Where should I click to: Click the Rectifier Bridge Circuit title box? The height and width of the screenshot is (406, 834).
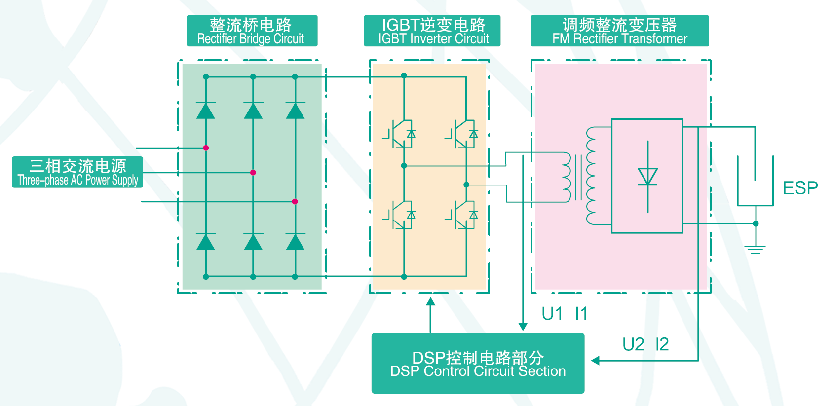coord(252,31)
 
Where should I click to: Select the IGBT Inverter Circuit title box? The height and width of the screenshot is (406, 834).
coord(432,31)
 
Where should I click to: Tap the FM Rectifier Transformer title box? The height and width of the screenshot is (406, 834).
coord(619,31)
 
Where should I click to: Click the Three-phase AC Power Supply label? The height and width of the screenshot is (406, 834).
coord(77,172)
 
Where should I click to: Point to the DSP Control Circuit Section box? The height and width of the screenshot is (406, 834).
coord(478,363)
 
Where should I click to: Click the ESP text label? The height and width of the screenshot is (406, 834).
coord(800,188)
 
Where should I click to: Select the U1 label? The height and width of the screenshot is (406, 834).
coord(552,314)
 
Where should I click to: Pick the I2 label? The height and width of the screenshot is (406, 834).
coord(662,344)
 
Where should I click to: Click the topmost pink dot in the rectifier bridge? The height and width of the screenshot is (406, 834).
coord(206,148)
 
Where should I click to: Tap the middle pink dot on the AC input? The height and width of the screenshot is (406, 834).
coord(253,173)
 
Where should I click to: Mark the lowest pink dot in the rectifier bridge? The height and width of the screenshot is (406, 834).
coord(295,202)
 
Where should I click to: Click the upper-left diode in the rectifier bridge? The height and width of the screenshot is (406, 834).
coord(205,111)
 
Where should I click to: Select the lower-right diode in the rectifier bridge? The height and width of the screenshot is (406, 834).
coord(295,242)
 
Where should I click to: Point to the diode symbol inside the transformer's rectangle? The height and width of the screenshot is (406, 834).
coord(647,177)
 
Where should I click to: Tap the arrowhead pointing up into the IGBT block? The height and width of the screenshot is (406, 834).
coord(431,301)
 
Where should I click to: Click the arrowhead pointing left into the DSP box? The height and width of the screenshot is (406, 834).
coord(595,360)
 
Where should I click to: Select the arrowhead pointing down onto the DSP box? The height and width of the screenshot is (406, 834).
coord(523,327)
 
